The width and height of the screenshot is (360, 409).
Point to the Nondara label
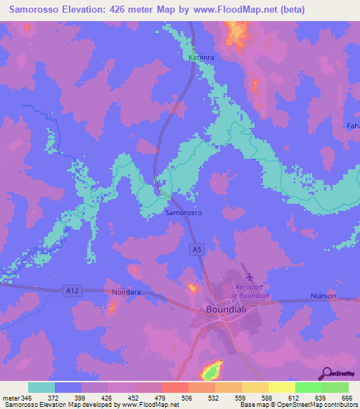point(127,291)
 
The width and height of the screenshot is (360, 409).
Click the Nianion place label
point(323,296)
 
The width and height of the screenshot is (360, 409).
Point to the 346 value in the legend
point(31,398)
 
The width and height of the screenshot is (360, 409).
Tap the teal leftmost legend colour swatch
point(41,387)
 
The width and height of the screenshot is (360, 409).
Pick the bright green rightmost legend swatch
point(335,387)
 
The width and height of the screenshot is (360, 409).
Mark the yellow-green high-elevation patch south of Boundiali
point(212,370)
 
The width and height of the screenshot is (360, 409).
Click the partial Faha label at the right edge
point(352,125)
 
